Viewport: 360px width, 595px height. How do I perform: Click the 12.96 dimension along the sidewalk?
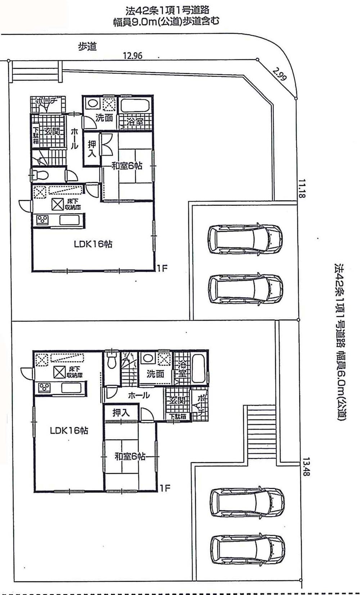pos(133,56)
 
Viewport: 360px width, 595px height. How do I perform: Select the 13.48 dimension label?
pos(306,466)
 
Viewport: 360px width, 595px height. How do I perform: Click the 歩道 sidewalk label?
pos(87,46)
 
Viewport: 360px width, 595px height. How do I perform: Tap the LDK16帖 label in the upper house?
pos(93,244)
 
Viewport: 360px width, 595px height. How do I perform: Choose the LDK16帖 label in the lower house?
pos(69,430)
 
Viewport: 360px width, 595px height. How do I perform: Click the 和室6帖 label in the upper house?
pos(126,166)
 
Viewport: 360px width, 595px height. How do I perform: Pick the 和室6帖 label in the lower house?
pos(130,456)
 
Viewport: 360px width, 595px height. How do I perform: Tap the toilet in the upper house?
pos(40,175)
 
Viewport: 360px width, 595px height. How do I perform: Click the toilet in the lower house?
pos(112,361)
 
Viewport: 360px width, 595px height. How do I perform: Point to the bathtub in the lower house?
pos(198,369)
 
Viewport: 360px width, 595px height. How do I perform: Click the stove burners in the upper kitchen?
pos(42,219)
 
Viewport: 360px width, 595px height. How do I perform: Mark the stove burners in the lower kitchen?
pos(45,388)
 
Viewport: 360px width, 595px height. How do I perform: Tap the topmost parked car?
pos(245,239)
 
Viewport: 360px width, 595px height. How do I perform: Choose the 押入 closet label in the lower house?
pos(120,413)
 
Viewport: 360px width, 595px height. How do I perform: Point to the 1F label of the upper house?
pos(162,269)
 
